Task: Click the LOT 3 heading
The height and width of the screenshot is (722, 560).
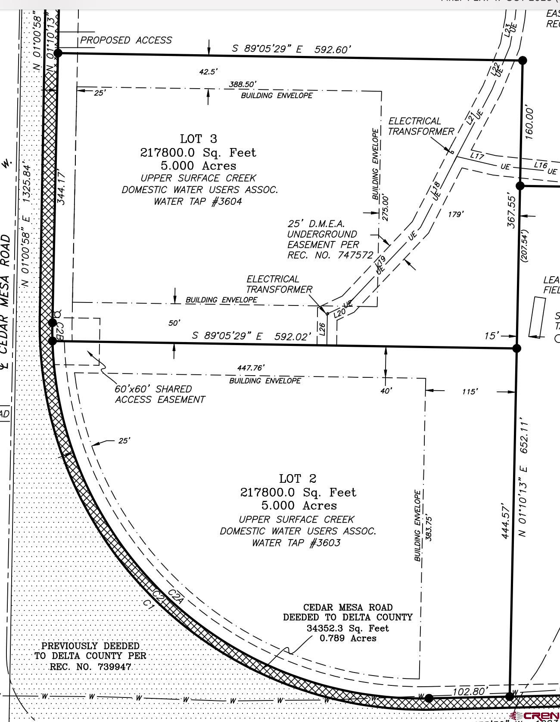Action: (198, 139)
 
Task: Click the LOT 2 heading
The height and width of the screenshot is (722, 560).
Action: (298, 478)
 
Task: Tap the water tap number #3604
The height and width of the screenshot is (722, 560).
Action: (227, 201)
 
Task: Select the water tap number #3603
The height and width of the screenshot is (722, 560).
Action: (325, 543)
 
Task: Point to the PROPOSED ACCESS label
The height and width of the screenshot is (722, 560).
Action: (126, 40)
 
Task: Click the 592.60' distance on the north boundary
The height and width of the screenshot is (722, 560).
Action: (333, 49)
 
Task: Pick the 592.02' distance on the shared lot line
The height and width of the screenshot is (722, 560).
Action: (293, 336)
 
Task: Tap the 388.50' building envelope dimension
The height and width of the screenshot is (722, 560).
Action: (243, 84)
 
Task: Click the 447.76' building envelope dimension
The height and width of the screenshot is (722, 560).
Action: (251, 368)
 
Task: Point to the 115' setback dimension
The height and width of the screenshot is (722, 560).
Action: (469, 392)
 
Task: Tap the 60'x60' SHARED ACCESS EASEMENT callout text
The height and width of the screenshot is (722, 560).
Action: (159, 394)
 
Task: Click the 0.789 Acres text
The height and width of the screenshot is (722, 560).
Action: (348, 638)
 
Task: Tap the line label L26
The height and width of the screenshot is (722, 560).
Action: (322, 329)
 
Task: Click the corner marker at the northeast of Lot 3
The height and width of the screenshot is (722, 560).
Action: (522, 60)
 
